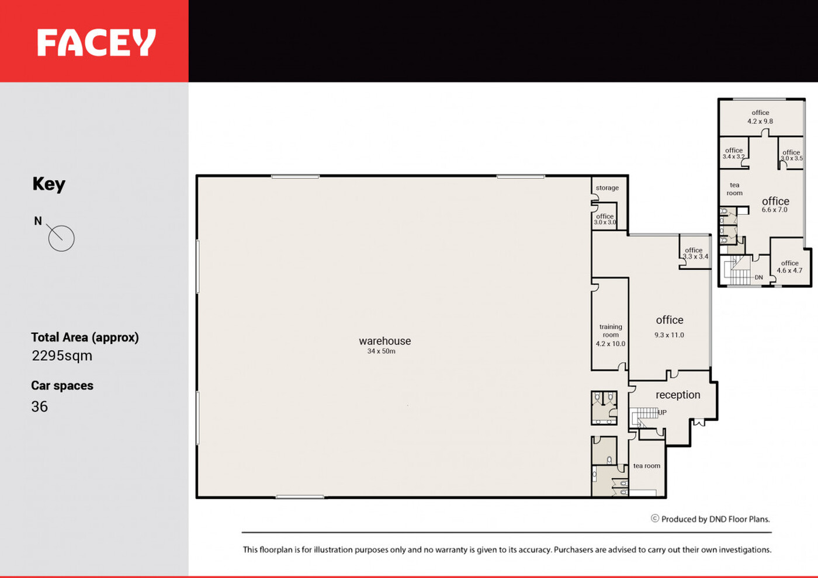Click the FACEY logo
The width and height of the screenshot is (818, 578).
pos(96,42)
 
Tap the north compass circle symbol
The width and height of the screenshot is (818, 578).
pos(61,238)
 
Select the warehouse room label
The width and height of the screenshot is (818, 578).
pos(385,341)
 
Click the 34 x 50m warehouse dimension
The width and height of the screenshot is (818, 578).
pos(381,351)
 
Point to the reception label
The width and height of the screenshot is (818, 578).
pos(678,395)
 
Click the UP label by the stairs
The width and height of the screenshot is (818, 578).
pos(662,412)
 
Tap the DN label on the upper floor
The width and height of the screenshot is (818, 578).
pos(759,277)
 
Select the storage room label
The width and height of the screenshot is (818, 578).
pos(607,188)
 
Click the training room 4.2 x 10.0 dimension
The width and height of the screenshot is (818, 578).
pos(611,344)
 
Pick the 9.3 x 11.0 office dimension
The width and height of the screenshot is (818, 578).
pos(670,335)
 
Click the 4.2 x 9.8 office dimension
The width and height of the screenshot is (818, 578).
pos(760,121)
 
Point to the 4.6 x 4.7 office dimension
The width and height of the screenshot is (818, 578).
pos(789,270)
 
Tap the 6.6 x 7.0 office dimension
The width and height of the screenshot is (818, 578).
pos(775,210)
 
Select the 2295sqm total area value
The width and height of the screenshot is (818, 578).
pos(62,356)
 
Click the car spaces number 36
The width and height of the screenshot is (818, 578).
pos(40,406)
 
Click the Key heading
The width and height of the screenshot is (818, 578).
pos(49,184)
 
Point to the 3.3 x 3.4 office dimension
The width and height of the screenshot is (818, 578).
pos(696,256)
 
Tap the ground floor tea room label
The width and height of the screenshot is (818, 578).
pos(647,466)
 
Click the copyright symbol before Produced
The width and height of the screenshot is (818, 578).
pos(655,518)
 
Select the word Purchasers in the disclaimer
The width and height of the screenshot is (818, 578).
pos(572,549)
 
